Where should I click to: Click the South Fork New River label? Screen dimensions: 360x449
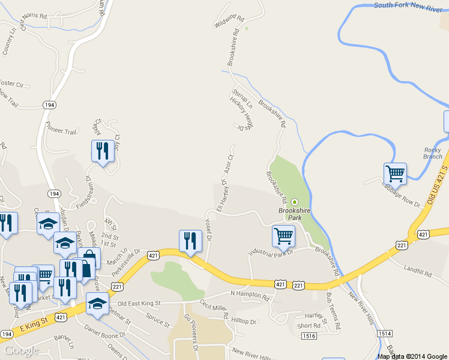coord(410,5)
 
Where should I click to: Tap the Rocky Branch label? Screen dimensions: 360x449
coord(433,153)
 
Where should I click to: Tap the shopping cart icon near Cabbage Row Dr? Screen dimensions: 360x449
coord(395,174)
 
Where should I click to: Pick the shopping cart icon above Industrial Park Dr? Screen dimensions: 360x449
coord(283,236)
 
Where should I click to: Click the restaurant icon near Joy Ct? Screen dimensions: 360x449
coord(102,152)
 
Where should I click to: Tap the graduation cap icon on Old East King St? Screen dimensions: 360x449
coord(97,304)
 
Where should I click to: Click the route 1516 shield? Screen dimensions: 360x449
coord(309,335)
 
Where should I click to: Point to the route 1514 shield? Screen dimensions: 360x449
coord(385,333)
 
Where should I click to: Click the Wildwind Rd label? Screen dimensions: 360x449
coord(230,22)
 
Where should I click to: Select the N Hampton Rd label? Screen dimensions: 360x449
coord(250,294)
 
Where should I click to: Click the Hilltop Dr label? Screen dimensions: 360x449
coord(244,322)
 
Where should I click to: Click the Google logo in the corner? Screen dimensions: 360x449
coord(21,350)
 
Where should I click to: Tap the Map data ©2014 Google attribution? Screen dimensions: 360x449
coord(412,356)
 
